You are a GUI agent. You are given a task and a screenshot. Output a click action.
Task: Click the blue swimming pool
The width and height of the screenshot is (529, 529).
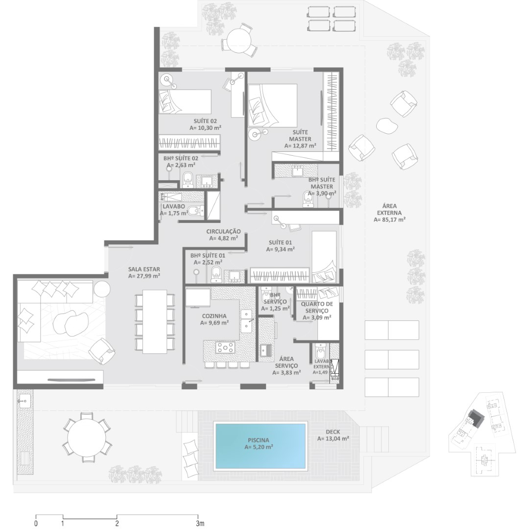261,445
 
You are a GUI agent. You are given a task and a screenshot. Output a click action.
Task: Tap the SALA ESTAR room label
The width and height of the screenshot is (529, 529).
144,269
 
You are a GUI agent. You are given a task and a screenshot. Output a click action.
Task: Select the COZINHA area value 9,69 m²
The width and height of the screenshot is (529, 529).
215,322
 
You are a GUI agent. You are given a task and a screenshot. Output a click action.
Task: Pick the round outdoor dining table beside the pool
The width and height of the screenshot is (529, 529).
87,438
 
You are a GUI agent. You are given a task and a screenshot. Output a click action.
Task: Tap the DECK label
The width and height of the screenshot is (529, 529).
333,432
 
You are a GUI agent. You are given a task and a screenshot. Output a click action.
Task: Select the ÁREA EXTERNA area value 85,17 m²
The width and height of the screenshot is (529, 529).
390,219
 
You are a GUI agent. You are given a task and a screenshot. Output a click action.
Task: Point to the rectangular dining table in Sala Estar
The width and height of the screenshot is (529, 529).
155,321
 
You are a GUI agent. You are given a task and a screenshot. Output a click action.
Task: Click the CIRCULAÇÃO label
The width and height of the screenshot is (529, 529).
224,231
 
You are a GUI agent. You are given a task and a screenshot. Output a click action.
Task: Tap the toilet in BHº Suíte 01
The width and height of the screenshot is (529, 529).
216,275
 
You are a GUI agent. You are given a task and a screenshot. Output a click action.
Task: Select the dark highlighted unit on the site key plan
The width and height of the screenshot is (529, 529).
477,417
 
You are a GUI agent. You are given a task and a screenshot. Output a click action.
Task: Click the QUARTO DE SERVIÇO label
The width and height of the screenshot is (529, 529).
317,307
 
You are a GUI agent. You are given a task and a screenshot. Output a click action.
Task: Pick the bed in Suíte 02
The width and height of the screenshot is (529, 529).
185,101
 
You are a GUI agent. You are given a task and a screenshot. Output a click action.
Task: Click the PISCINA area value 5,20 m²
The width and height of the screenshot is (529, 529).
259,447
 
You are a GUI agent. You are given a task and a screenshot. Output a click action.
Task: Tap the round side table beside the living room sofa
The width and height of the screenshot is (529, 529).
101,289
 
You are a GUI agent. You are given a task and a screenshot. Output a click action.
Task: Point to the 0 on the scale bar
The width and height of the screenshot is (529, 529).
36,523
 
